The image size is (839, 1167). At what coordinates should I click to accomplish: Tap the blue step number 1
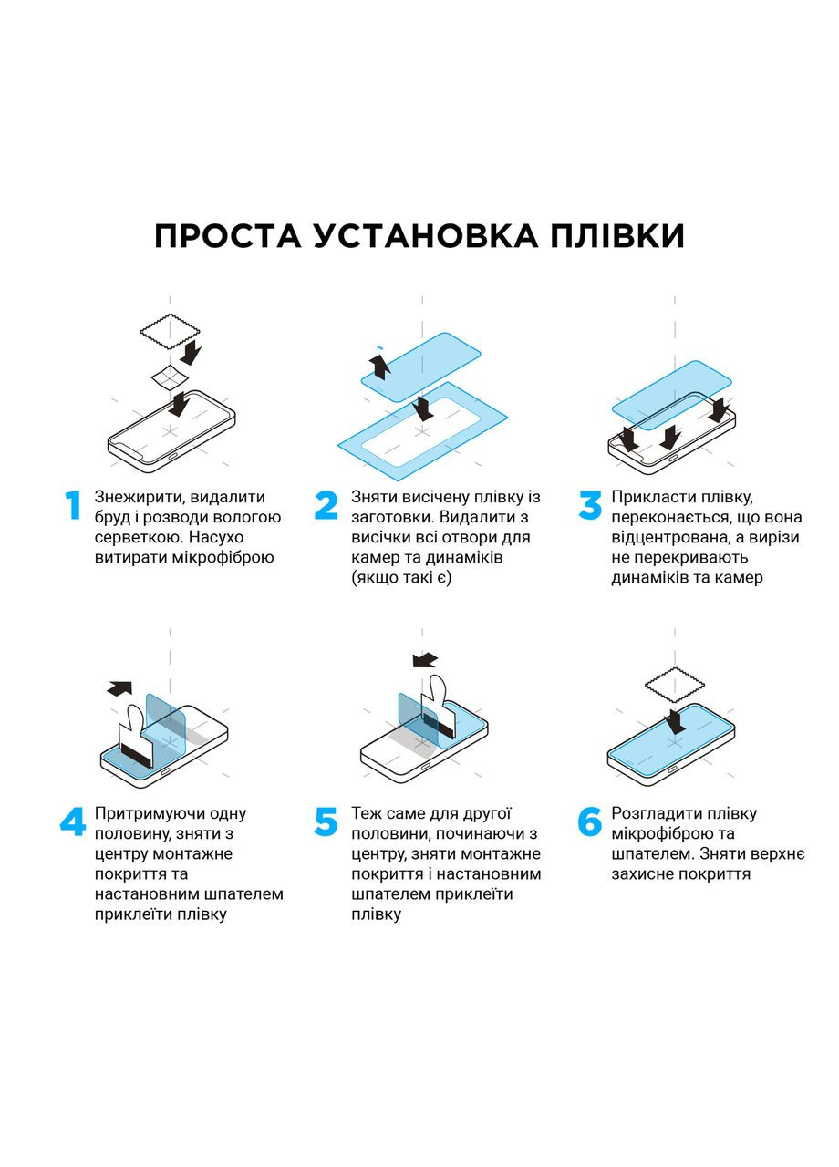point(72,506)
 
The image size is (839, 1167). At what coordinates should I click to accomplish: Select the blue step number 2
point(326,506)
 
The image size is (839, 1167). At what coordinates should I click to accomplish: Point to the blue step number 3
point(590,506)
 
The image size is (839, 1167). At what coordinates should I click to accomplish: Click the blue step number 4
point(72,822)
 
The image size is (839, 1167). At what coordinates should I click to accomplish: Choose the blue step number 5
point(326,822)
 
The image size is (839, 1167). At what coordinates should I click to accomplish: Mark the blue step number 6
point(590,822)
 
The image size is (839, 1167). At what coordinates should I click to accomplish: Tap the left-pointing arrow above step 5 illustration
point(424,659)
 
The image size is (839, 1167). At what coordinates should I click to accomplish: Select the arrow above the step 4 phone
point(119,688)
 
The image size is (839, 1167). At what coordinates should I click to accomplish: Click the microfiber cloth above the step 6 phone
point(675,683)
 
